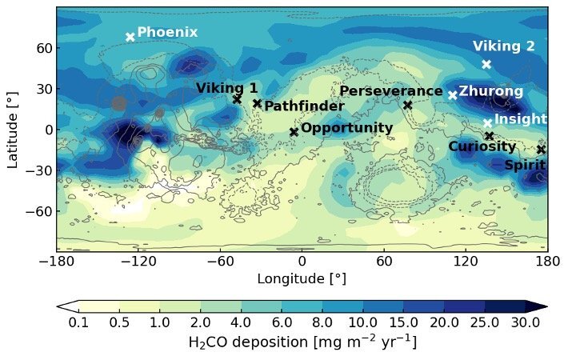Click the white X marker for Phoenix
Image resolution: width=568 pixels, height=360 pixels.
tap(130, 37)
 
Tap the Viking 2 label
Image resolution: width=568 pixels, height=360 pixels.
tap(503, 46)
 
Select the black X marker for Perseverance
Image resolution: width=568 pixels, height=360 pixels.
tap(408, 105)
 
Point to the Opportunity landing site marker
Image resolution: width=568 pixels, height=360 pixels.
tap(294, 132)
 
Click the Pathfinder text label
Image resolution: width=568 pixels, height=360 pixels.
tap(304, 106)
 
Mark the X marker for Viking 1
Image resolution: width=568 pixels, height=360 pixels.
tap(238, 99)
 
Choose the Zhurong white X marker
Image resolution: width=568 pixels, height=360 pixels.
tap(453, 95)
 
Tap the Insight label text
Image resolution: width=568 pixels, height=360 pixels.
tap(521, 118)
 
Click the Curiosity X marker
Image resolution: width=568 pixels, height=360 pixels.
tap(490, 136)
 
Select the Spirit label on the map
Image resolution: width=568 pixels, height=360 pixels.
tap(525, 165)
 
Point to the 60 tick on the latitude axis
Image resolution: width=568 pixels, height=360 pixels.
tap(45, 48)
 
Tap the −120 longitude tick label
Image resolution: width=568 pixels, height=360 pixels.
tap(138, 261)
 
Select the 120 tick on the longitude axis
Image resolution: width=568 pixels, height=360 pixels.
tap(466, 261)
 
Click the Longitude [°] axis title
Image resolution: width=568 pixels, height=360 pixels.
tap(302, 278)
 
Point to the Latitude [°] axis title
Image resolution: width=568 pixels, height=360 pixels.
tap(12, 130)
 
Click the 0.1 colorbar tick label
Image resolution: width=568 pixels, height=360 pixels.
tap(78, 322)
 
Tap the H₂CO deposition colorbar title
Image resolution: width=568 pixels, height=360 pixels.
tap(302, 342)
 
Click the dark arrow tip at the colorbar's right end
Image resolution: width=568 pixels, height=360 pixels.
tap(546, 306)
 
